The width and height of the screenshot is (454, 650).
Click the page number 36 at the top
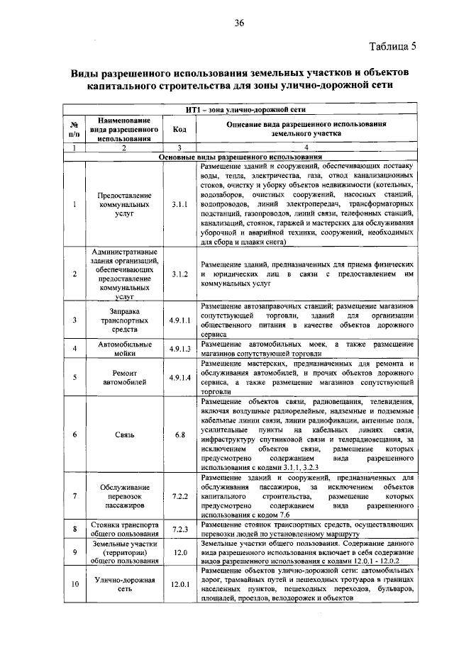239,23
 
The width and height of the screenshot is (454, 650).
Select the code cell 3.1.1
179,205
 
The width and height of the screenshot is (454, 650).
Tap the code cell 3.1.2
179,273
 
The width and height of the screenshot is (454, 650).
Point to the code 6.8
179,434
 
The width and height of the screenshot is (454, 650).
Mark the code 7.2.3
179,529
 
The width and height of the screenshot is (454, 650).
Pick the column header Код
179,129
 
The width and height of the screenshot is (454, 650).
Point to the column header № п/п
74,129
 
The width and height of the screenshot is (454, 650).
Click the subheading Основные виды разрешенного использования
241,157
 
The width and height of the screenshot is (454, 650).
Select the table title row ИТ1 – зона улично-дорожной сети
241,110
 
